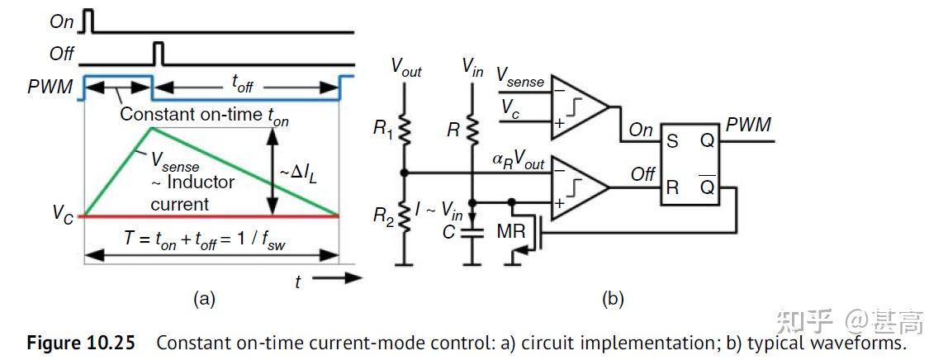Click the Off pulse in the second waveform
coord(159,54)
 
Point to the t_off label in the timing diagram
coord(242,83)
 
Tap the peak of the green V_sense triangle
coord(149,127)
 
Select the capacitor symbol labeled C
coord(472,233)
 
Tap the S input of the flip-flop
coord(672,141)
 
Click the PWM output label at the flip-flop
coord(748,125)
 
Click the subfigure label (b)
coord(612,299)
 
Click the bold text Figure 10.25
coord(80,343)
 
